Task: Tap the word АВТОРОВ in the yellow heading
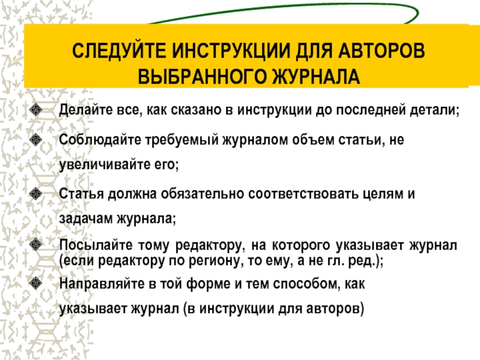pos(382,50)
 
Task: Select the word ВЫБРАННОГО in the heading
pos(202,76)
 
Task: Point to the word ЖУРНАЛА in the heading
pos(316,76)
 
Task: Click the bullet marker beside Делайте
pos(36,110)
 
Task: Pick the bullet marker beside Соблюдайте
pos(36,140)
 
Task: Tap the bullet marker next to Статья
pos(36,193)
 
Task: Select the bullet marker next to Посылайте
pos(36,244)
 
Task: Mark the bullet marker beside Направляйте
pos(36,283)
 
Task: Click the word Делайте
pos(86,110)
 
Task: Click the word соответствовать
pos(303,194)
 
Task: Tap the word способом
pos(307,284)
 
